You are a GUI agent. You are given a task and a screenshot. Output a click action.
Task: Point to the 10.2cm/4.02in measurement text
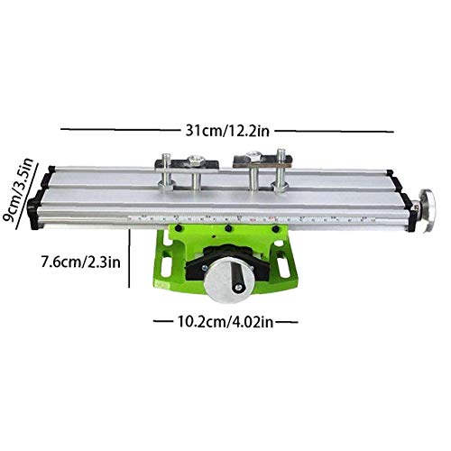pyautogui.click(x=225, y=318)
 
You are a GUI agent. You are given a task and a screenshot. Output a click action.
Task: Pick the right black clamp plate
pyautogui.click(x=255, y=161)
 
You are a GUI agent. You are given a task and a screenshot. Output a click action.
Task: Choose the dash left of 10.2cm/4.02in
pyautogui.click(x=161, y=318)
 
